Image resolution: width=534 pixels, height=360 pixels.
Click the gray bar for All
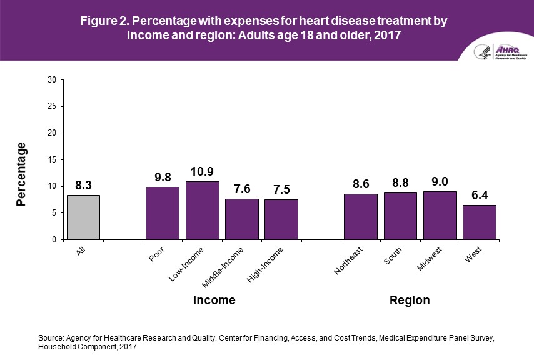click(83, 217)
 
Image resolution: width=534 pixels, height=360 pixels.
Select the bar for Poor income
click(162, 213)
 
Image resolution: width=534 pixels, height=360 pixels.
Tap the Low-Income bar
click(202, 211)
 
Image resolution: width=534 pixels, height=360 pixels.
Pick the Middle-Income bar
click(241, 219)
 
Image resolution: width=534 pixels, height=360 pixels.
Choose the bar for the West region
click(480, 222)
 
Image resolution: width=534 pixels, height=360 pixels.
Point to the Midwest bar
click(440, 216)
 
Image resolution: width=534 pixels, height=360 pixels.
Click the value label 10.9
click(202, 171)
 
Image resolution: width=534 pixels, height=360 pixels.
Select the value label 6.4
click(480, 195)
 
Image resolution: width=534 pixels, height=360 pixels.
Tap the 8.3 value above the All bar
click(83, 185)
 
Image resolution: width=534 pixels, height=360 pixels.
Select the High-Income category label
click(266, 264)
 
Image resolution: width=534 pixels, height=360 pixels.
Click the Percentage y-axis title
click(22, 174)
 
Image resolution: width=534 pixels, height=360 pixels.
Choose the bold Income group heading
click(214, 301)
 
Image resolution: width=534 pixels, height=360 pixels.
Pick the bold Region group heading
click(410, 301)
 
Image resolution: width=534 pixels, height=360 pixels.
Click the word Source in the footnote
click(51, 337)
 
